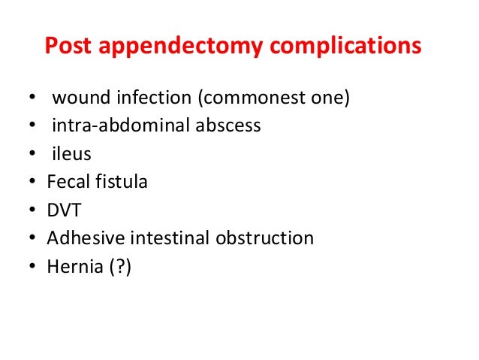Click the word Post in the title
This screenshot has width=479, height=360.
tap(68, 47)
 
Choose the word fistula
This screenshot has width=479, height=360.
tap(120, 181)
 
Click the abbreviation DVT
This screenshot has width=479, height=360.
tap(63, 210)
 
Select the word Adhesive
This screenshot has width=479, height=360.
tap(82, 238)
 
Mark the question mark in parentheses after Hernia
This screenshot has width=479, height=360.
tap(119, 267)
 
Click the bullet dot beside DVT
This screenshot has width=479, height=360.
tap(31, 211)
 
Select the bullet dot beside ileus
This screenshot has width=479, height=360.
tap(31, 155)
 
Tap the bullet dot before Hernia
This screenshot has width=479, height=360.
tap(31, 268)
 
